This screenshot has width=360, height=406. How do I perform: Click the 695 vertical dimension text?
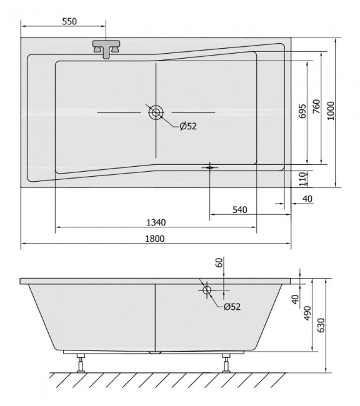[x=302, y=111]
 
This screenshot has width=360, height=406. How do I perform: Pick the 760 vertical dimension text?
[x=316, y=107]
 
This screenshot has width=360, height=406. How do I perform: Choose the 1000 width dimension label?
[x=331, y=111]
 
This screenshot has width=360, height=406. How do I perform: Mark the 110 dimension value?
[x=302, y=179]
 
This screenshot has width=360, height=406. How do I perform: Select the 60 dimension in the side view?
[x=219, y=263]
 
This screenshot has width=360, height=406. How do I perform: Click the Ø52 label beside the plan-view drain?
[x=188, y=126]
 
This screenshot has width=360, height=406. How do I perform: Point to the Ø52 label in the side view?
[x=231, y=306]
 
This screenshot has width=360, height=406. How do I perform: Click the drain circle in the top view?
[x=156, y=112]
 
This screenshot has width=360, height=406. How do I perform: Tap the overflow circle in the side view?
[x=207, y=289]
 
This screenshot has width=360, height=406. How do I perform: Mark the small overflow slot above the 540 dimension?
[x=209, y=167]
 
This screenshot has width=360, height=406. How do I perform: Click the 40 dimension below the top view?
[x=306, y=199]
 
